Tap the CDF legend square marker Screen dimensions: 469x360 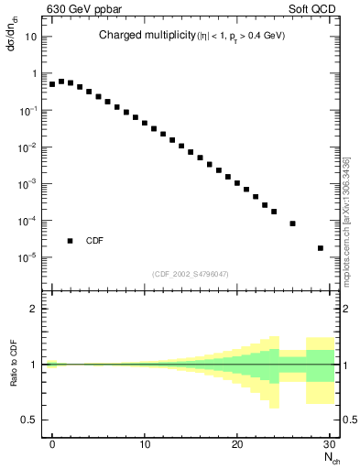point(70,241)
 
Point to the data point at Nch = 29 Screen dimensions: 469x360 point(320,247)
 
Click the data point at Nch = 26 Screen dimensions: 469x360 point(292,224)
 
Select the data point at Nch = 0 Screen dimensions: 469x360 point(52,84)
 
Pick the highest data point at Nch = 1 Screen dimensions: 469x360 point(61,81)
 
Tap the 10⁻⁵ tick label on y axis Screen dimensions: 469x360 point(29,257)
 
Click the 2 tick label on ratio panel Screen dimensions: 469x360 point(34,309)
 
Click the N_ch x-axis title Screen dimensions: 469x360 point(330,458)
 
